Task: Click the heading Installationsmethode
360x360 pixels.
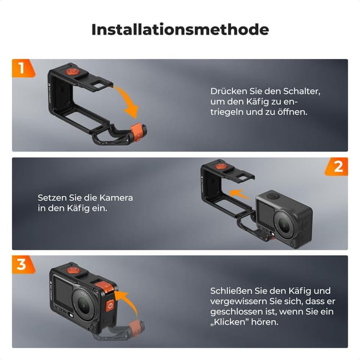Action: click(x=180, y=29)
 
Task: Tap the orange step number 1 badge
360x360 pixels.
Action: click(x=21, y=69)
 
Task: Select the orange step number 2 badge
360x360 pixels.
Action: click(x=337, y=166)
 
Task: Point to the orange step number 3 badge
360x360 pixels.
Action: click(x=21, y=264)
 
